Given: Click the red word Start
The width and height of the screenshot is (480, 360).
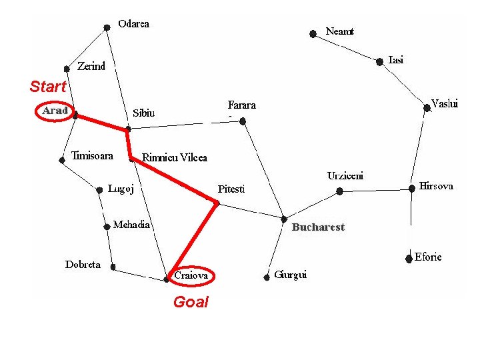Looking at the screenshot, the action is coord(48,86).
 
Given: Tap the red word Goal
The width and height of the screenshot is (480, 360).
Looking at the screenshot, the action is coord(191,302).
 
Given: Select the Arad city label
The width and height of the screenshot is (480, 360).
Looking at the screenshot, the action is coord(55,111).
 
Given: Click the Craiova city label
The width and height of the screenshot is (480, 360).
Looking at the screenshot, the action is coord(191,275).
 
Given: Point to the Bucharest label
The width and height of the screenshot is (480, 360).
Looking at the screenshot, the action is coord(319,227).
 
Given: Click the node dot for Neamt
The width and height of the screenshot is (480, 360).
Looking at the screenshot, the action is coord(313,34).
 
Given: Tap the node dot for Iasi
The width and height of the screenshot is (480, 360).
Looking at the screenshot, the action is coord(379,62).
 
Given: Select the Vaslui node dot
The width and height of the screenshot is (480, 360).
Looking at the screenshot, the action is coord(427,108).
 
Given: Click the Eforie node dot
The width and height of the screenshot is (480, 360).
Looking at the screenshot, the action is coord(409,259).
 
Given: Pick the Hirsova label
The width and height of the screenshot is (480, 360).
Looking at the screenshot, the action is coord(436,186).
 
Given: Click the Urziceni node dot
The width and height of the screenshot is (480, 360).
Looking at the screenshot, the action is coord(339,191).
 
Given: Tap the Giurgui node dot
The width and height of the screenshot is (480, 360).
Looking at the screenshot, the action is coord(267,277).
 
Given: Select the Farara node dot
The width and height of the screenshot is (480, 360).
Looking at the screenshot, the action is coord(243,121).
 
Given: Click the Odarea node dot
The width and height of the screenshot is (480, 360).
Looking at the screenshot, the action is coord(107,28).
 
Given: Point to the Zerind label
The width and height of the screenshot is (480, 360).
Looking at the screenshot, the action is coord(91,66).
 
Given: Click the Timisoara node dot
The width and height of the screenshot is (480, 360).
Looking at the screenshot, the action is coord(62,160).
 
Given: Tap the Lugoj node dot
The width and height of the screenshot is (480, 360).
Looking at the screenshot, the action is coord(99,190).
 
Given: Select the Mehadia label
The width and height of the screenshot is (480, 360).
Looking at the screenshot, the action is coord(131,225).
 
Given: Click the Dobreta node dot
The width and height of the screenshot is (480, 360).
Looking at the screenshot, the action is coord(113,267).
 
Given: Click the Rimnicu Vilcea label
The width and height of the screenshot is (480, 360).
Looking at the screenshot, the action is coord(175,157).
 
